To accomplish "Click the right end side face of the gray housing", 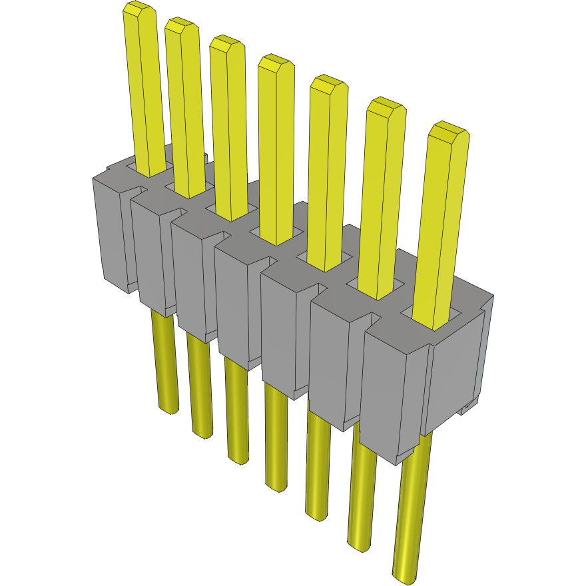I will tap(456, 373).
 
